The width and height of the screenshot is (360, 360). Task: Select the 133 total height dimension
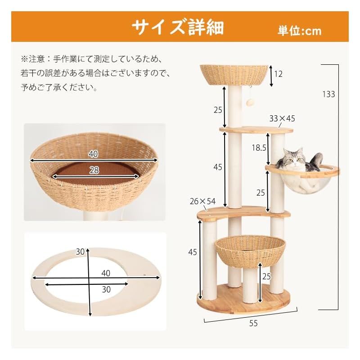click(328, 94)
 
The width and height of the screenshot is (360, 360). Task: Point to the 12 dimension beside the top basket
click(279, 74)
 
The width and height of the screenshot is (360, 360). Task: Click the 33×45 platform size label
click(282, 119)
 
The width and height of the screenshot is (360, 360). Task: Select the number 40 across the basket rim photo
click(93, 154)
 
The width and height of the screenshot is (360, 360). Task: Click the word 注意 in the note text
click(36, 58)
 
